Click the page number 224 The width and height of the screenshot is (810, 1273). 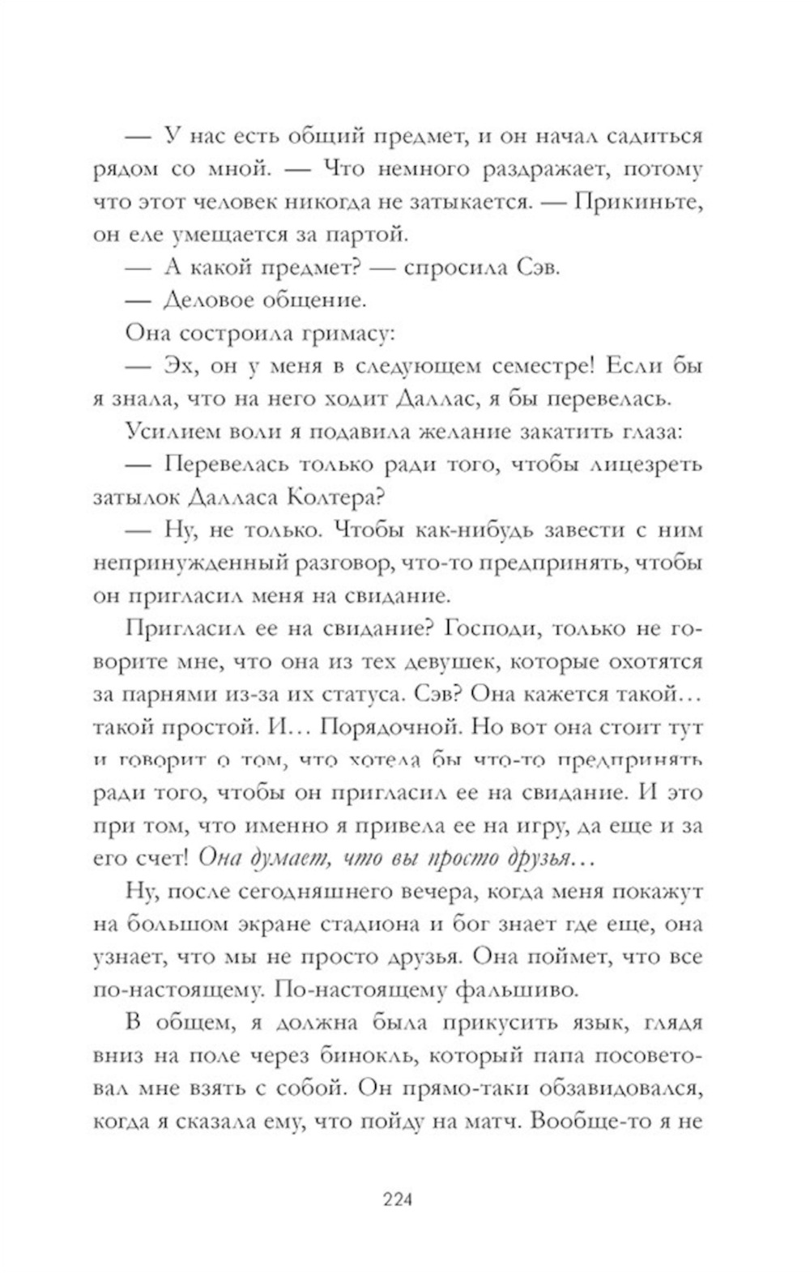click(398, 1199)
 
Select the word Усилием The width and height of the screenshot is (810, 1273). click(166, 431)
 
